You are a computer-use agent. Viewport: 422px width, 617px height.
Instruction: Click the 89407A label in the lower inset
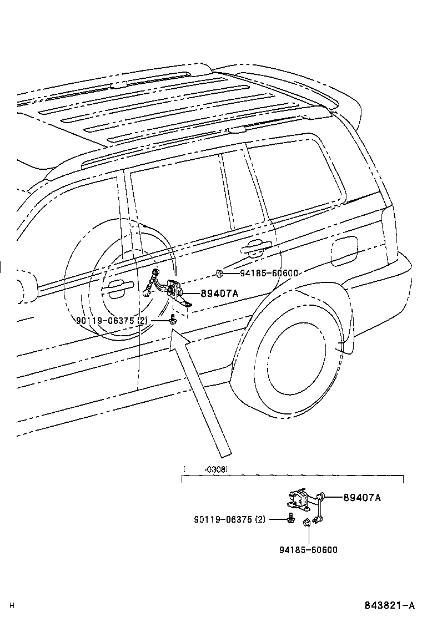click(x=362, y=498)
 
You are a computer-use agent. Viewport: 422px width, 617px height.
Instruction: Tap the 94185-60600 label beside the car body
click(x=270, y=273)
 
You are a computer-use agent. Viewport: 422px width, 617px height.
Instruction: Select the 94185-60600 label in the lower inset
click(x=308, y=550)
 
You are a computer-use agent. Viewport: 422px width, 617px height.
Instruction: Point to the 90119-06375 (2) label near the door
click(x=113, y=321)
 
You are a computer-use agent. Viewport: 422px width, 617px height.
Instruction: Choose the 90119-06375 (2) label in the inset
click(x=230, y=519)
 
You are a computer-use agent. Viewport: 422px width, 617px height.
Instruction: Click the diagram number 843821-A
click(x=390, y=605)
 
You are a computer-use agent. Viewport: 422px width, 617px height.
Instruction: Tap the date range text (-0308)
click(x=217, y=469)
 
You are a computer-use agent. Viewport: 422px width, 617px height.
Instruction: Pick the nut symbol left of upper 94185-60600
click(x=219, y=272)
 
